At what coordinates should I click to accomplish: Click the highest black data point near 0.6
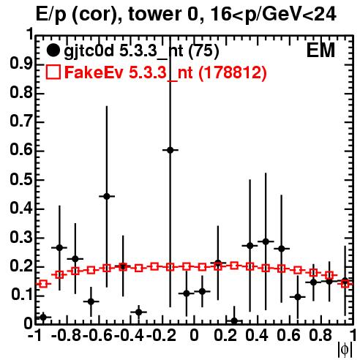[170, 150]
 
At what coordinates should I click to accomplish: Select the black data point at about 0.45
[266, 241]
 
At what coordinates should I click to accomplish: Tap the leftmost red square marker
[43, 284]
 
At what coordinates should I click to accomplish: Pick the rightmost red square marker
[345, 283]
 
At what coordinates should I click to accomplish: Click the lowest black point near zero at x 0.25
[234, 320]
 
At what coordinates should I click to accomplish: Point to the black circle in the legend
[53, 50]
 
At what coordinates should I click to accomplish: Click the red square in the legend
[53, 72]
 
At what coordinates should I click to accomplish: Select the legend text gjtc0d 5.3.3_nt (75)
[141, 51]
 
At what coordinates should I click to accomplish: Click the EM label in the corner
[320, 50]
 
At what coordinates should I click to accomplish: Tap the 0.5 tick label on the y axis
[21, 179]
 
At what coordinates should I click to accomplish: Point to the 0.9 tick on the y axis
[21, 64]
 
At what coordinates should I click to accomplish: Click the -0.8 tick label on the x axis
[67, 335]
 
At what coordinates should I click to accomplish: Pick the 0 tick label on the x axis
[194, 335]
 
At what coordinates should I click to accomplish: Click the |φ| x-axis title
[345, 350]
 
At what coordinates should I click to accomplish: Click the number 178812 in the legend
[232, 72]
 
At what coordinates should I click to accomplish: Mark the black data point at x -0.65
[91, 301]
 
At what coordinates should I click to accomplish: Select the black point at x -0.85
[59, 247]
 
